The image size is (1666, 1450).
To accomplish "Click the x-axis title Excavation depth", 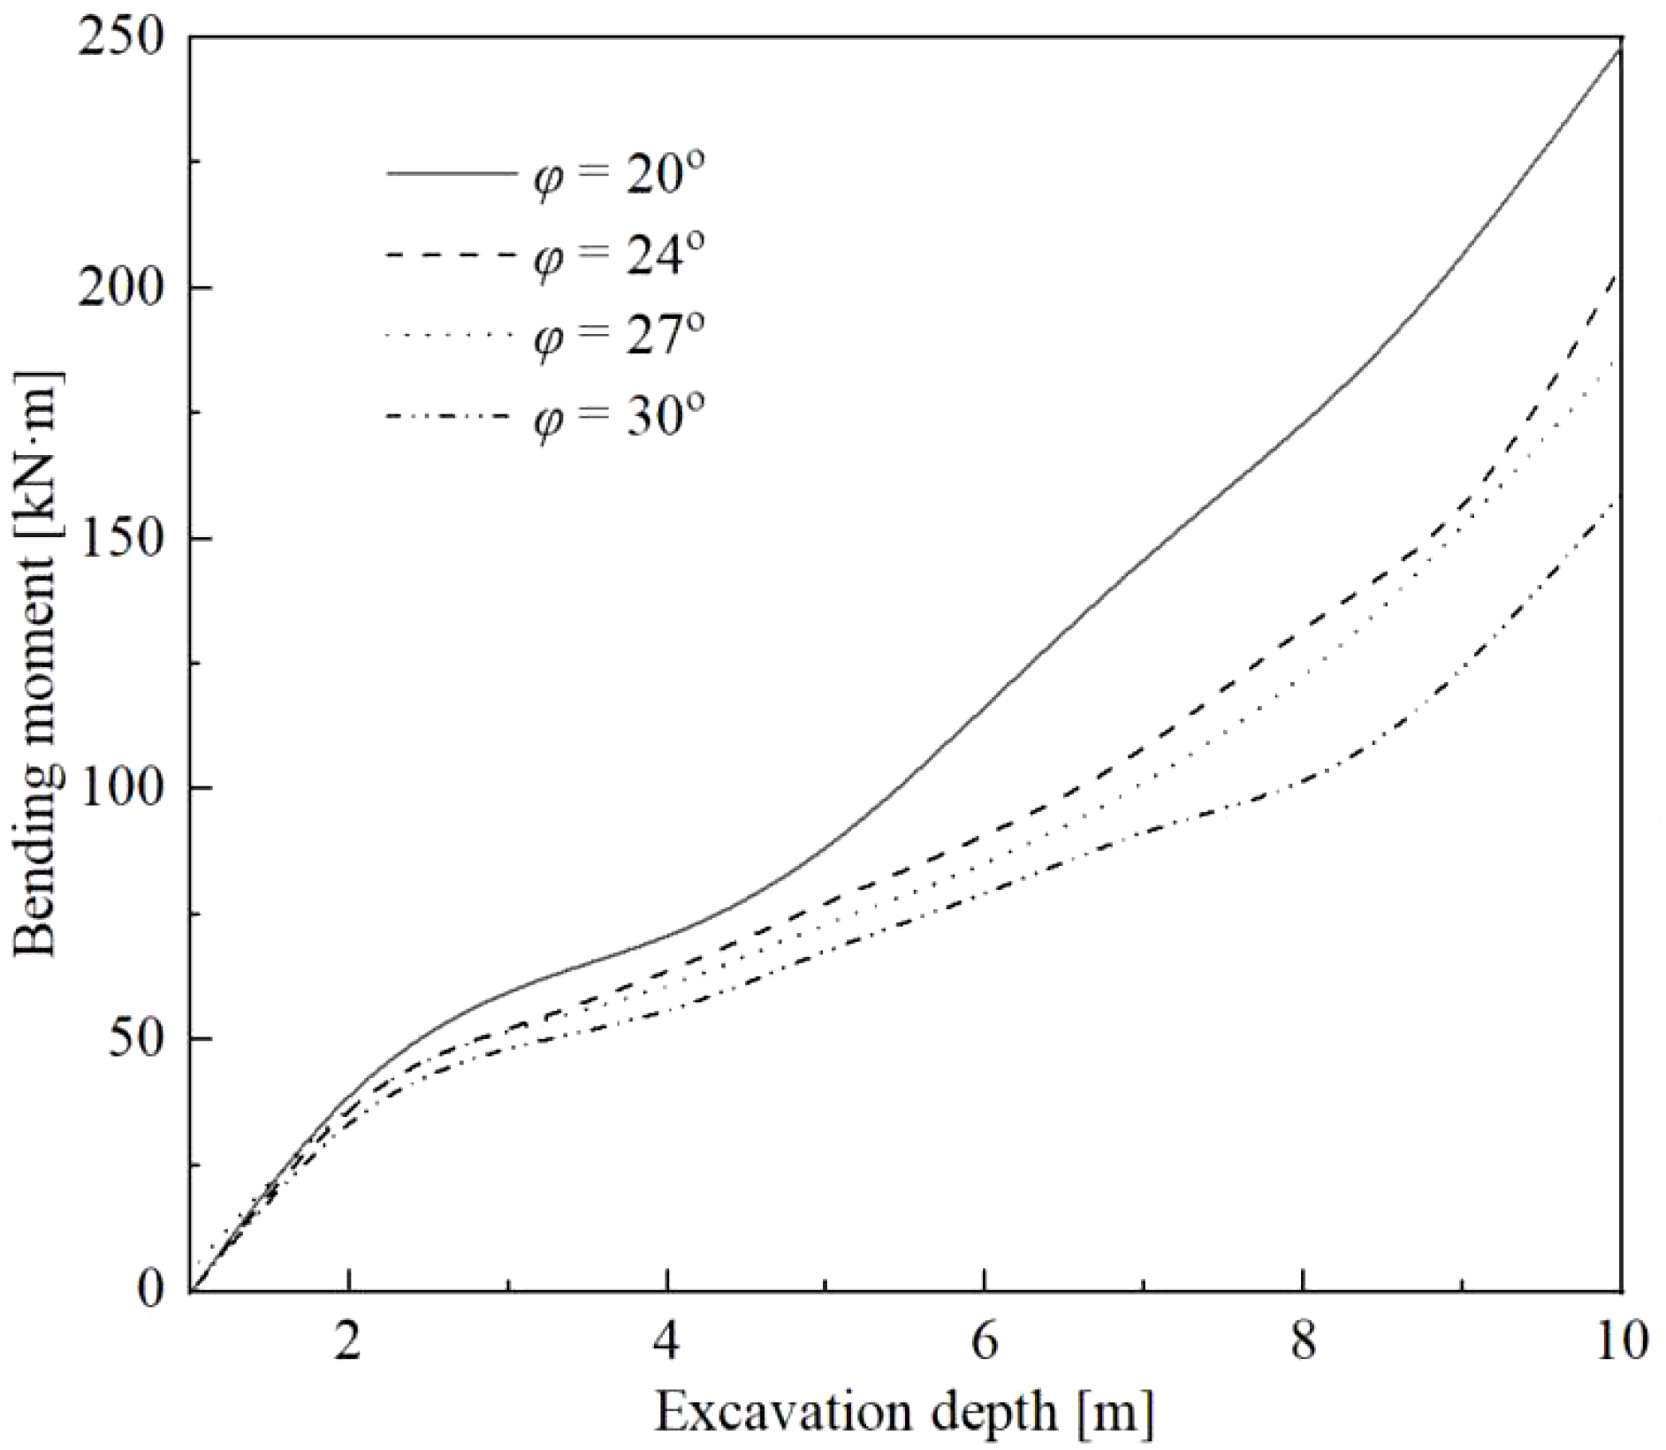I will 903,1411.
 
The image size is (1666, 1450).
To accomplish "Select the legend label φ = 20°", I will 619,174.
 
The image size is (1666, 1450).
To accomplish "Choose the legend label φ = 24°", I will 619,255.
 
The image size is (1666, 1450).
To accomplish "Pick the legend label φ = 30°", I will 619,416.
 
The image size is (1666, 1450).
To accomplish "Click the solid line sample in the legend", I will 451,173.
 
